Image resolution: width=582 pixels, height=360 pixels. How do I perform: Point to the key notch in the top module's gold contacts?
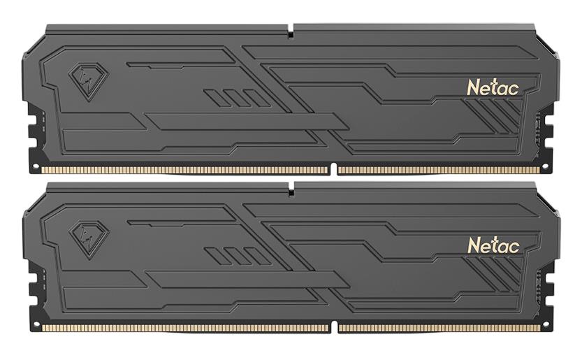coord(333,169)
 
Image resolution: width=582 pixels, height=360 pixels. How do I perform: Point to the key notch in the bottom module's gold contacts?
coord(333,327)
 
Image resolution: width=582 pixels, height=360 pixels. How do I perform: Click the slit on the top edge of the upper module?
coord(290,29)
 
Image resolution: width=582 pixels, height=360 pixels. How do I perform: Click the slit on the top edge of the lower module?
coord(290,187)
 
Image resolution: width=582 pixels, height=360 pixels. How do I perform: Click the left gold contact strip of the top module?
coord(184,170)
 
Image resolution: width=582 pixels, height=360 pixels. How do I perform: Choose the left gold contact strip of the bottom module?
coord(184,328)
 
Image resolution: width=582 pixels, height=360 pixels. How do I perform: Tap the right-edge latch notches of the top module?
coord(549,133)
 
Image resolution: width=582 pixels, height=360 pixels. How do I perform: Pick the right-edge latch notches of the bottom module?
coord(549,291)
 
